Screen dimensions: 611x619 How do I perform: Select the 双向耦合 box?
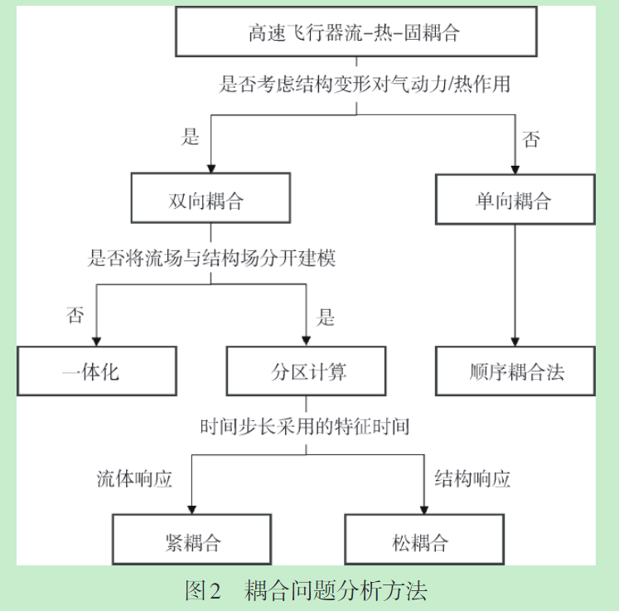point(210,201)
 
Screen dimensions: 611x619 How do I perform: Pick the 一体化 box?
point(97,371)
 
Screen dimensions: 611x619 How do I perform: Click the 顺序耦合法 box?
point(515,371)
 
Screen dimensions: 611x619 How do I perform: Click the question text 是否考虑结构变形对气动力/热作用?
point(365,84)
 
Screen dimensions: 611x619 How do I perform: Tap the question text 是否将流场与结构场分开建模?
point(212,258)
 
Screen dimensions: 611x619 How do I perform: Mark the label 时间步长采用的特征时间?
point(305,427)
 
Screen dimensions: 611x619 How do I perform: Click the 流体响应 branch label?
point(134,479)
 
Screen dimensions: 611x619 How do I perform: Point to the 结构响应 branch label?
point(473,479)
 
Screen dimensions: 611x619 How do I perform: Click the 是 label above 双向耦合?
point(191,137)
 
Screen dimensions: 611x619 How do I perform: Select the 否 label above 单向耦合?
point(530,138)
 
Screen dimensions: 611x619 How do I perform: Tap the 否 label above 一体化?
point(75,315)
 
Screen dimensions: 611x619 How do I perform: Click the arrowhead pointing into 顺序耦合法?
point(515,340)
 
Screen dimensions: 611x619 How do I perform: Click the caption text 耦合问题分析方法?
point(336,590)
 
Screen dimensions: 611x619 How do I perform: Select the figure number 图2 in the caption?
point(204,590)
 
